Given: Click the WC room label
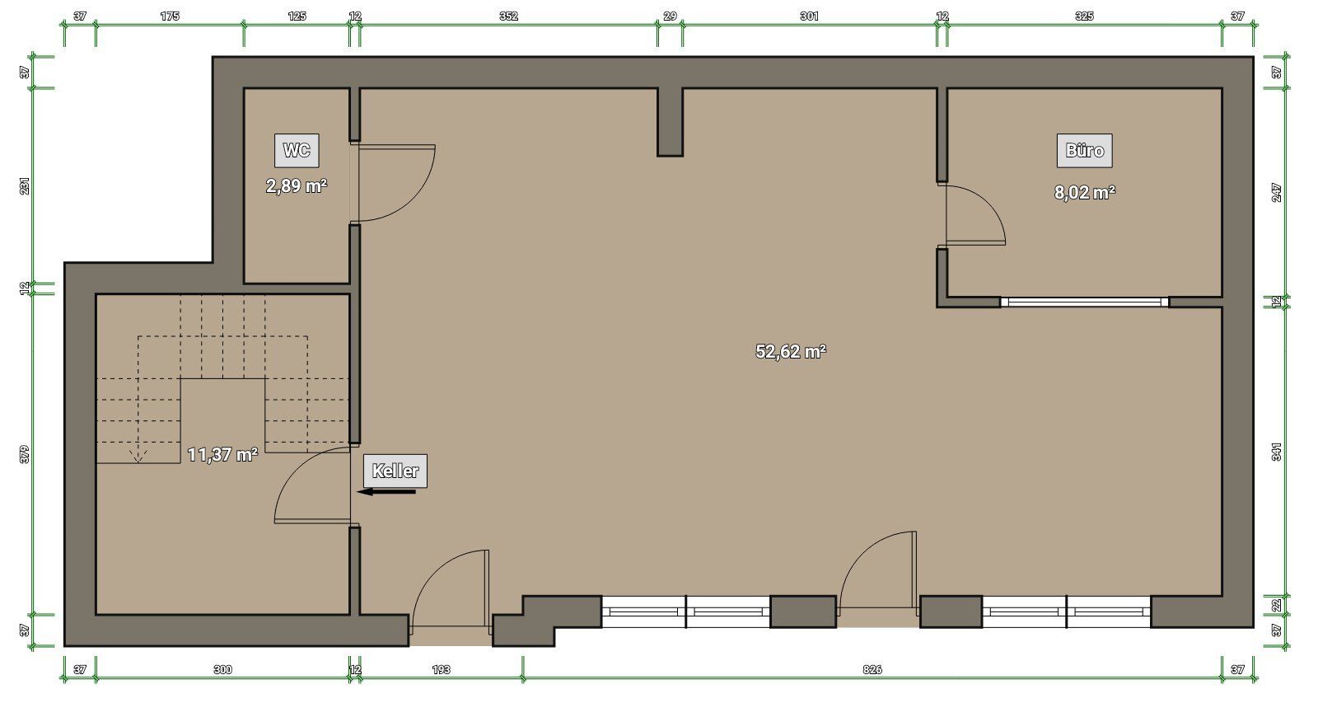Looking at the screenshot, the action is pos(297,151).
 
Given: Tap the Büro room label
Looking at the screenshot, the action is pos(1084,151).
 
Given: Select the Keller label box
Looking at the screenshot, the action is pos(395,471).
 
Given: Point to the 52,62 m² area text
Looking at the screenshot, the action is pos(791,351).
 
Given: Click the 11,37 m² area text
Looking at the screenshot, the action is pos(222,455).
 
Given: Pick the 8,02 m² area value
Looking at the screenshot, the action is pos(1084,193).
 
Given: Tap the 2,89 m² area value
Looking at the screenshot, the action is pos(297,186).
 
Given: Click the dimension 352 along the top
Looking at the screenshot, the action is pos(508,16).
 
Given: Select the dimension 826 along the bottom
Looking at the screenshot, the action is pos(872,669).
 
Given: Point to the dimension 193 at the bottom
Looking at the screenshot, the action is pos(441,669).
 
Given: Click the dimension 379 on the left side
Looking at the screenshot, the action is pos(24,454).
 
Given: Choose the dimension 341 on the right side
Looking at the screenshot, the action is pos(1276,452).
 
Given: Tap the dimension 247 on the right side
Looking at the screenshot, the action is pos(1276,193).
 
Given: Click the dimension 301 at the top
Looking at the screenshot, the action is pos(809,16).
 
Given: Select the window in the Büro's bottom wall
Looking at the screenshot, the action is pos(1084,302).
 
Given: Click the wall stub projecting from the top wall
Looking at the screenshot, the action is pos(671,123).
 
